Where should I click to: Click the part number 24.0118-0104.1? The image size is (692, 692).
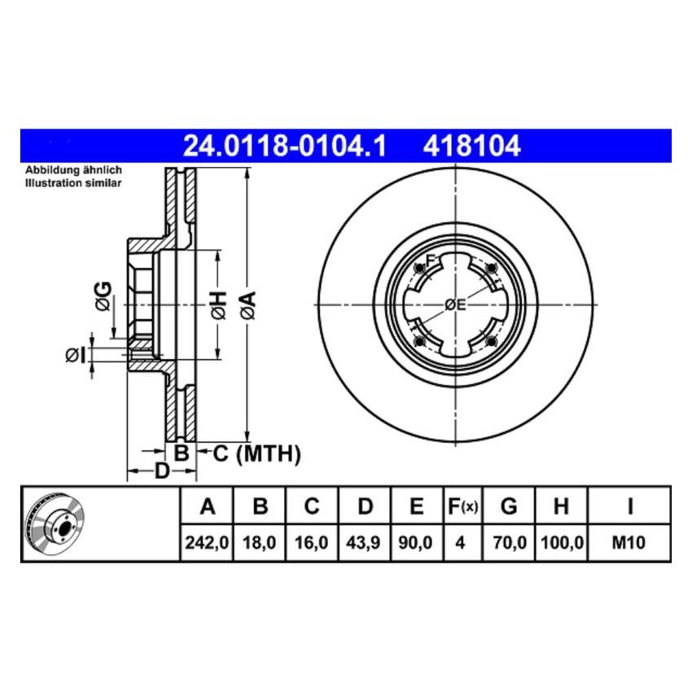[283, 146]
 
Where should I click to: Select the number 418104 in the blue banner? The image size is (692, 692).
[471, 146]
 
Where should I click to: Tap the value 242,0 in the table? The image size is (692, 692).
[207, 541]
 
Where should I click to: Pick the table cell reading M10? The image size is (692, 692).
[629, 541]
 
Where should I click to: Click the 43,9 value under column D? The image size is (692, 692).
[365, 541]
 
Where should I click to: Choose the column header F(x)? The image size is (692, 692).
[462, 507]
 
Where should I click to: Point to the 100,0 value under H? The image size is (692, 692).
[560, 541]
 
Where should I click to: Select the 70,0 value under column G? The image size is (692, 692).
[509, 541]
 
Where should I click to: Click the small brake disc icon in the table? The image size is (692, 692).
[57, 523]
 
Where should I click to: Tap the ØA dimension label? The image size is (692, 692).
[248, 304]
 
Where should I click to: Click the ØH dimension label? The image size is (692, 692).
[218, 304]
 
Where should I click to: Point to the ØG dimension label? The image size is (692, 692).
[103, 296]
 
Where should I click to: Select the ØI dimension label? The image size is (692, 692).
[74, 354]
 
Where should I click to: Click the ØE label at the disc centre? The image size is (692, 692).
[455, 305]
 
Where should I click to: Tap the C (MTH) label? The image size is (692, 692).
[256, 453]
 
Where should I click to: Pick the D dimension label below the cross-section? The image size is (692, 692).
[162, 471]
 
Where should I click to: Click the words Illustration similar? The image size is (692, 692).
[73, 183]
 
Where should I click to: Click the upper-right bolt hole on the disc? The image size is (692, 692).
[490, 270]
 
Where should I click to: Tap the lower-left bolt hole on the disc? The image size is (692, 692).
[418, 340]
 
